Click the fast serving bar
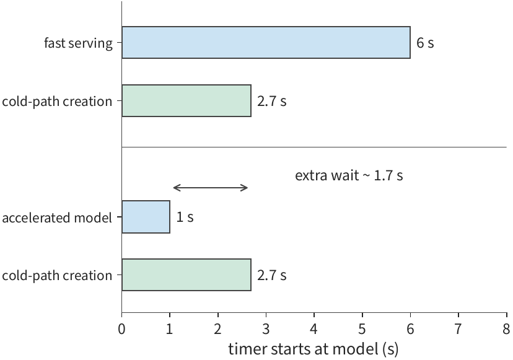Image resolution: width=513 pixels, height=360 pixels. tap(266, 43)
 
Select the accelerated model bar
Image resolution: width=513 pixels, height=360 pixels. tap(146, 217)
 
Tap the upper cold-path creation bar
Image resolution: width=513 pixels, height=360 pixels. tap(186, 100)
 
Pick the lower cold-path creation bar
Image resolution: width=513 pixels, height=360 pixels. tap(186, 274)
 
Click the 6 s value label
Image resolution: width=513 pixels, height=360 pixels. tap(425, 43)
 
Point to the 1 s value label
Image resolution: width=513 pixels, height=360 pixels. tap(185, 217)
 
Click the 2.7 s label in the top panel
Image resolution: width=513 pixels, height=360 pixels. tap(271, 101)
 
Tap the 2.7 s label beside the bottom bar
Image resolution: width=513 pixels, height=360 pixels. tap(271, 275)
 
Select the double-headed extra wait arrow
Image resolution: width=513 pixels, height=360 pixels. tap(211, 188)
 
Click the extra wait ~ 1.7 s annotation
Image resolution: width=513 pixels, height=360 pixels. tap(349, 175)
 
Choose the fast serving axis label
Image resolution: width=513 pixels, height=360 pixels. tap(78, 43)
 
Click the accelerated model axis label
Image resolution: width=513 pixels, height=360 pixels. tap(57, 217)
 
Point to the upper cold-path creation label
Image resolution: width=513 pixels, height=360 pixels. tap(57, 102)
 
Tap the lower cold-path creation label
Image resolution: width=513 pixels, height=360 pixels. tap(57, 276)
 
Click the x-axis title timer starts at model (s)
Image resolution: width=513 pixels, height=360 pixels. tap(313, 349)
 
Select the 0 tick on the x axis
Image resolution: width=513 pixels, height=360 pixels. tap(121, 329)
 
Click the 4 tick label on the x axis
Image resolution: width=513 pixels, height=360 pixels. tap(314, 329)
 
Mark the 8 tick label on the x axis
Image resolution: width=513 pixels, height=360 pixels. tap(506, 329)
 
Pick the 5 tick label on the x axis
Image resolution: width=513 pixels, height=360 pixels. tap(362, 329)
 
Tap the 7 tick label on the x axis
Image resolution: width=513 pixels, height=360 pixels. tap(458, 329)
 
